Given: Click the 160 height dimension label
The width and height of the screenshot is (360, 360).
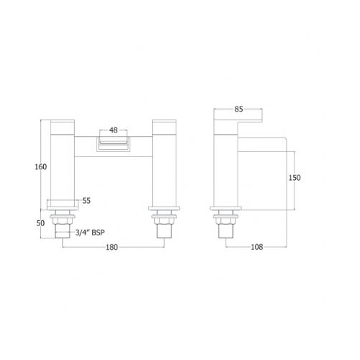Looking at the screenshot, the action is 41,167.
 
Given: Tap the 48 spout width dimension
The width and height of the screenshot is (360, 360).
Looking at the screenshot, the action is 113,130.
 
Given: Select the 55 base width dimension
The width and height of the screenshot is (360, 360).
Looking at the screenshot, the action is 86,201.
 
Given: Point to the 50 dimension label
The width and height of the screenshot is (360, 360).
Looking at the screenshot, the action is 40,223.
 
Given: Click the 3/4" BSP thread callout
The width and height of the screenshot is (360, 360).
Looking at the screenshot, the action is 90,233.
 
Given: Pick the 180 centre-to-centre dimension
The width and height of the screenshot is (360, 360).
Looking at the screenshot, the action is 112,247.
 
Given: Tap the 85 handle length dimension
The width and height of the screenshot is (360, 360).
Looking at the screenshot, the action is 239,109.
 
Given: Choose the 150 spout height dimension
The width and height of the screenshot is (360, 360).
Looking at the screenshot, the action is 294,178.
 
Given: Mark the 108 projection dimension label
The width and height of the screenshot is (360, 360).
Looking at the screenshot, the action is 257,247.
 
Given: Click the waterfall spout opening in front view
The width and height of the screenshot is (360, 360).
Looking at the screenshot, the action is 113,145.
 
